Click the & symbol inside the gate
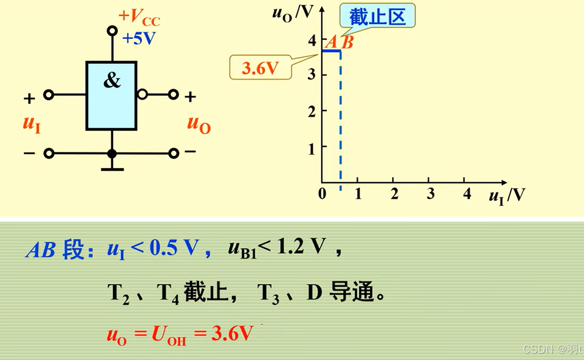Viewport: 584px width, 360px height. coord(112,81)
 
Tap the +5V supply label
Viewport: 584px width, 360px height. coord(139,38)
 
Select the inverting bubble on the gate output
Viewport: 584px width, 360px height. coord(142,95)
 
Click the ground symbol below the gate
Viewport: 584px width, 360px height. coord(112,168)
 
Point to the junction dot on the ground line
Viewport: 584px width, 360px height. coord(112,154)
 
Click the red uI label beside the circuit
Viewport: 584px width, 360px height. coord(32,124)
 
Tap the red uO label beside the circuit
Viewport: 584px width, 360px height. coord(199,124)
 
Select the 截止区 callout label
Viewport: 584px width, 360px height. coord(378,16)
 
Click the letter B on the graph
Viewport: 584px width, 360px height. coord(347,43)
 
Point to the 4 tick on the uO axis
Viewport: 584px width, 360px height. coord(312,40)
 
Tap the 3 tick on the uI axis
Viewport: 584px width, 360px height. coord(430,194)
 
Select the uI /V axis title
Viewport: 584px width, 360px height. coord(506,196)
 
